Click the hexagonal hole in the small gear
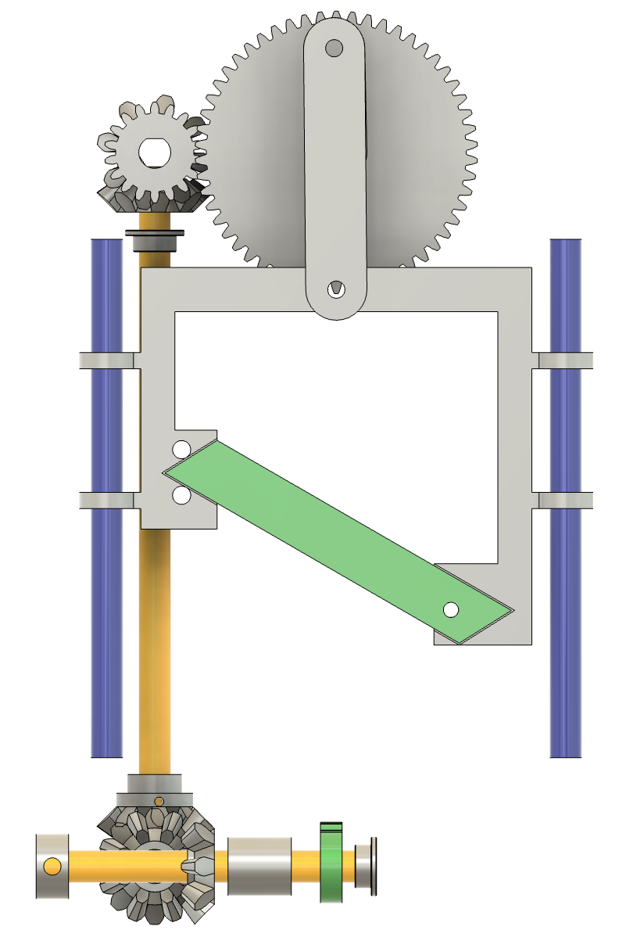click(x=155, y=152)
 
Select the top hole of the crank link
click(x=334, y=49)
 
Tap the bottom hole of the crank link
click(x=335, y=288)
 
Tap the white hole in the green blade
click(x=450, y=609)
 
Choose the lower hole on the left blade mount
click(x=181, y=495)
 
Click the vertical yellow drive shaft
click(x=154, y=649)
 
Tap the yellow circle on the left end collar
click(x=52, y=866)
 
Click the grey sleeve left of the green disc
click(x=259, y=866)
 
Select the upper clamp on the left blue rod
click(x=108, y=360)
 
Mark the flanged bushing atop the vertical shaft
click(x=155, y=239)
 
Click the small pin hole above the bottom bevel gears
click(x=159, y=800)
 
